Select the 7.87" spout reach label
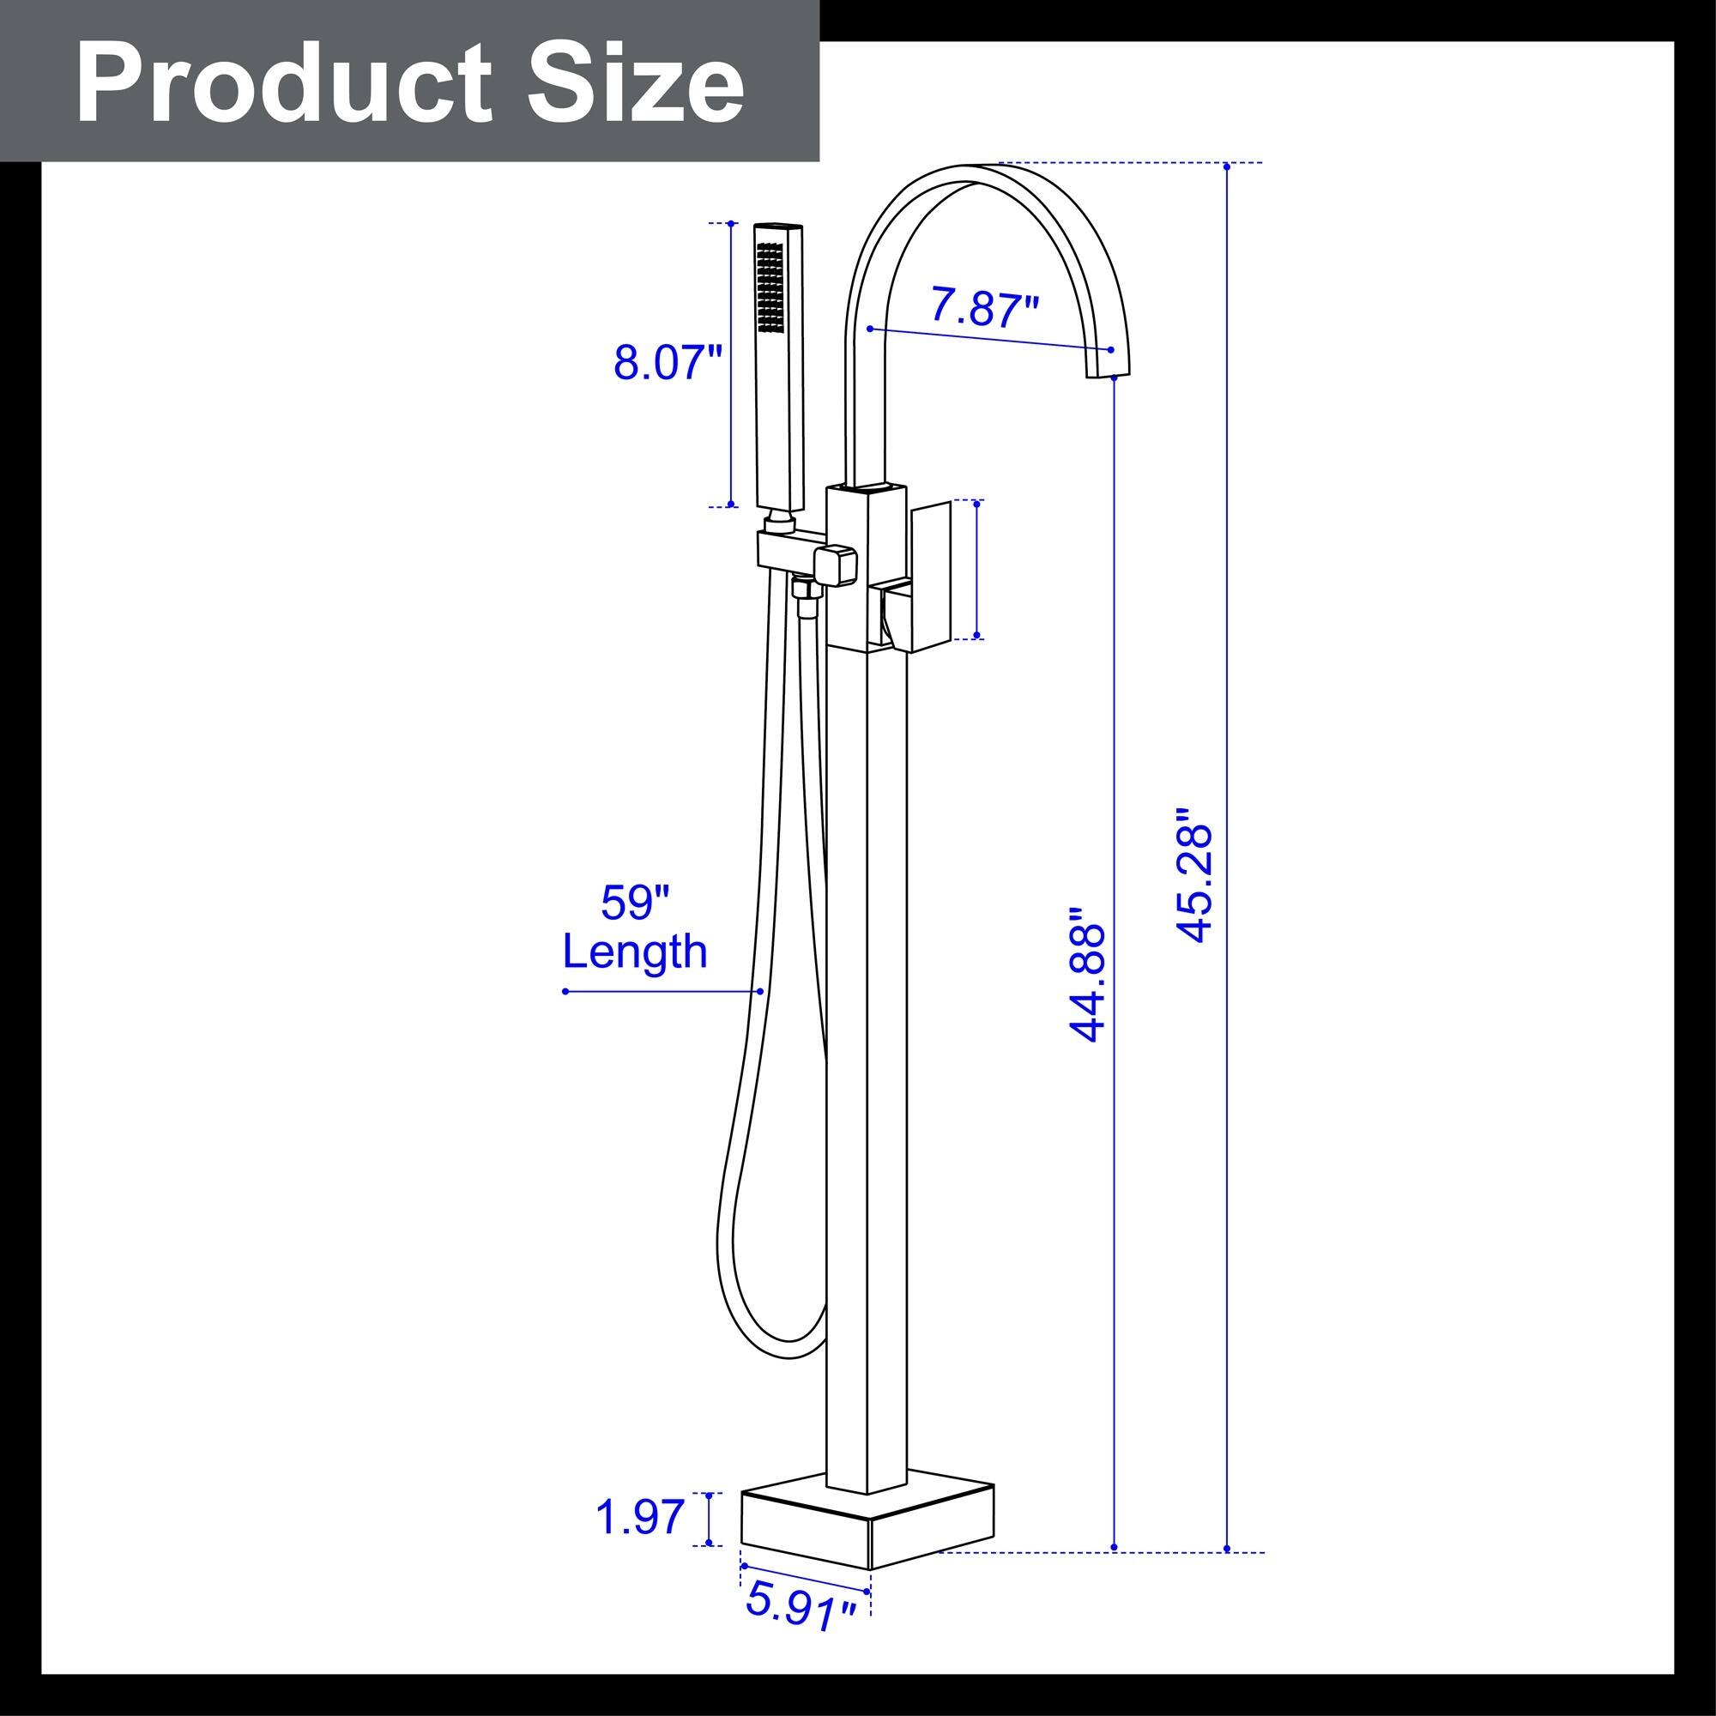(x=984, y=306)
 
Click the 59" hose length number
(x=634, y=903)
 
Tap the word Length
(x=635, y=952)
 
